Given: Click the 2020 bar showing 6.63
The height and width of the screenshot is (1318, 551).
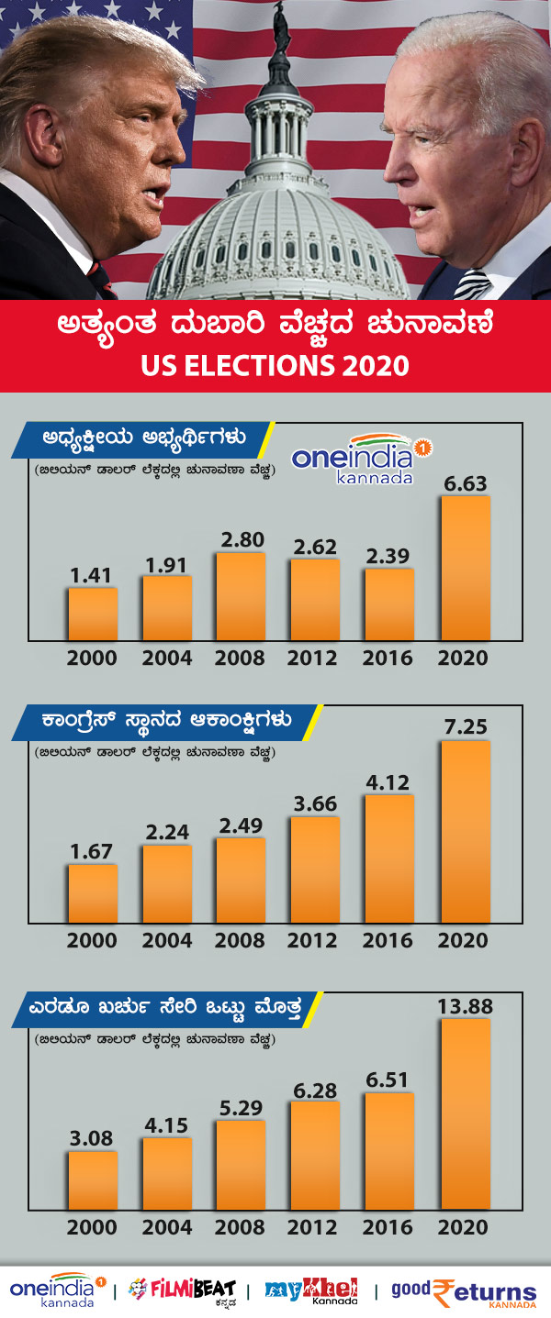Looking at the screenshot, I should coord(466,568).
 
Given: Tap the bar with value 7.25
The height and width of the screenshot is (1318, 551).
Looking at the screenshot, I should coord(466,831).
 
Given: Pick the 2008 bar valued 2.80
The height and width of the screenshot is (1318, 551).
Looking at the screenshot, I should coord(242,596).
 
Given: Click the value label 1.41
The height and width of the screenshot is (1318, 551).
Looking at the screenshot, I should coord(93,575).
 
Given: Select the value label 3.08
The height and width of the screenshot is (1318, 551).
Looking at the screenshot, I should coord(93,1138).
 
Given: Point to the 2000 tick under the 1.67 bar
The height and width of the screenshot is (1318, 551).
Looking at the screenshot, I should coord(93,940).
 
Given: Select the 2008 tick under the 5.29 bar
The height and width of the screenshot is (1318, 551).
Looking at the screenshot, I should coord(242,1227).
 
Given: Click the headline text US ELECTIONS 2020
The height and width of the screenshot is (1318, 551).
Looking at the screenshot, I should coord(275,365).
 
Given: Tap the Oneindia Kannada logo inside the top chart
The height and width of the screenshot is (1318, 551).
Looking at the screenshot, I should coord(361,459).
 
